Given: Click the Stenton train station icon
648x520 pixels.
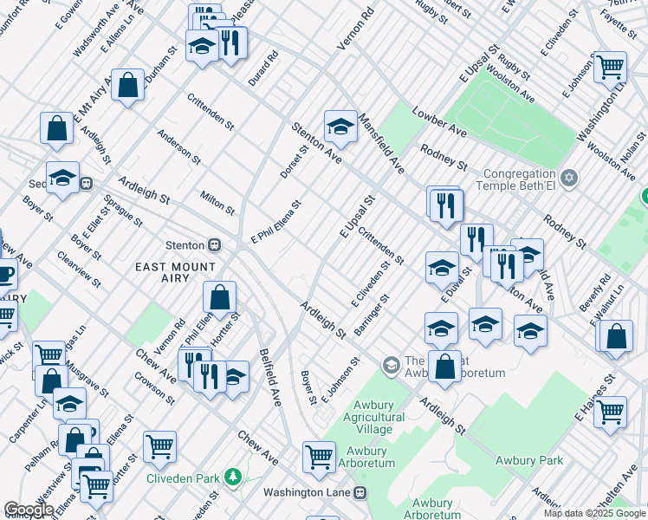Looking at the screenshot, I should tap(213, 245).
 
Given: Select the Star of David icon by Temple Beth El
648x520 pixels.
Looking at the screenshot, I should tap(568, 178).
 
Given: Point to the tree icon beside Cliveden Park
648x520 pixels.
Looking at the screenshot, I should tap(232, 477).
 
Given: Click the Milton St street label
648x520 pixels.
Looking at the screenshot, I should tap(217, 204).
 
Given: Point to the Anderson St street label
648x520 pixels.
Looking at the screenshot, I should tap(178, 147).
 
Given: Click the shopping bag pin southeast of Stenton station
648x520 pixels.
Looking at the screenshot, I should tap(220, 297).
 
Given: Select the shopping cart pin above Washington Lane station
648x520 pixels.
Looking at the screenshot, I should tap(319, 457).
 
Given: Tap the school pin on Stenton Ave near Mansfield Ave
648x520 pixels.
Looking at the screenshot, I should tap(340, 127).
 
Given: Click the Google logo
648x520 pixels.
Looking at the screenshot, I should tap(29, 510).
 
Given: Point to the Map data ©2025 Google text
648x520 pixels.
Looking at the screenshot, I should tap(594, 513).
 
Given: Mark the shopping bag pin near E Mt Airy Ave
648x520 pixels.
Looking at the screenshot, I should tap(127, 86).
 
